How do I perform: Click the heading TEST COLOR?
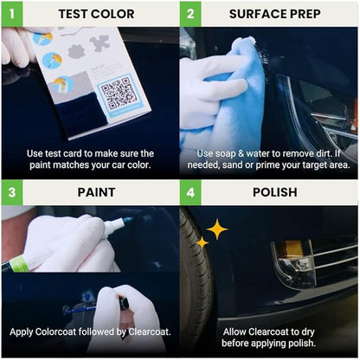point(95,14)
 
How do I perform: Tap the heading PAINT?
point(95,193)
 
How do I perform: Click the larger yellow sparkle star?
point(215,229)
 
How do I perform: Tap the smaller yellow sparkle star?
point(202,243)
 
